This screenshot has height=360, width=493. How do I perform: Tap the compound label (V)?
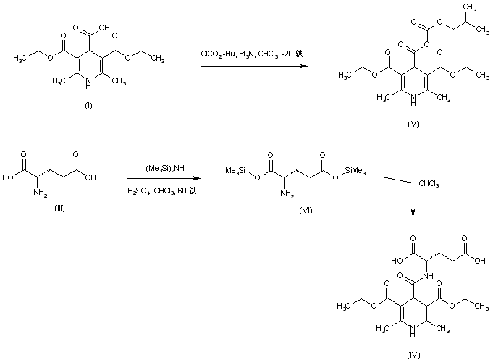[413, 124]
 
